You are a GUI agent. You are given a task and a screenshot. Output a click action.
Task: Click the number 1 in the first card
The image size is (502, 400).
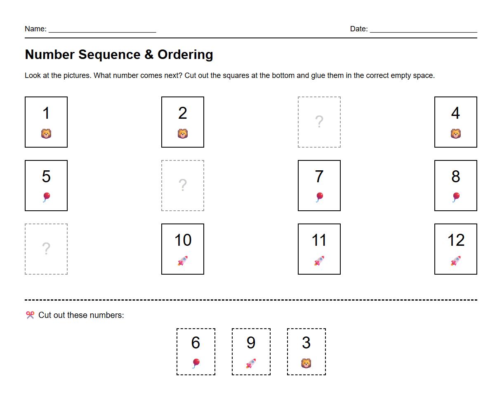[46, 113]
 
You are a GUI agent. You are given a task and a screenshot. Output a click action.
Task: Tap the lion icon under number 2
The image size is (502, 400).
[183, 134]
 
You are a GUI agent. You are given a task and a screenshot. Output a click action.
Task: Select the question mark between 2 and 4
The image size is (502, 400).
[319, 122]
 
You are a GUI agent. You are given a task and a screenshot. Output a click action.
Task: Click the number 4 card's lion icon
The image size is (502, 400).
[455, 134]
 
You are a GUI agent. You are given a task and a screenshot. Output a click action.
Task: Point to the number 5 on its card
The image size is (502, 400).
[46, 176]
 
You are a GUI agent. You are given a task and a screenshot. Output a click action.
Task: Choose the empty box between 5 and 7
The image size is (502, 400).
[183, 186]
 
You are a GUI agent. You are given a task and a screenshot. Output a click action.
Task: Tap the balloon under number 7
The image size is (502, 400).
[319, 197]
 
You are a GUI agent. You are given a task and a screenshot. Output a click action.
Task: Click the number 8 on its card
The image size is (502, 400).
[455, 176]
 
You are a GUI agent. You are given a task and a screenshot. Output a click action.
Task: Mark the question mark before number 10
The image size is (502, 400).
[46, 249]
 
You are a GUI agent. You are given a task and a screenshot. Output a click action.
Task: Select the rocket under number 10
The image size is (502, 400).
[183, 261]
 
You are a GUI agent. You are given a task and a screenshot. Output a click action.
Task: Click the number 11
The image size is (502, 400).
[319, 240]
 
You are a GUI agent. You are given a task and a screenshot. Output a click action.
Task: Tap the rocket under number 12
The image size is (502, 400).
[455, 261]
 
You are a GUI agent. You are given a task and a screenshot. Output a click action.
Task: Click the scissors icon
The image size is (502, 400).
[30, 315]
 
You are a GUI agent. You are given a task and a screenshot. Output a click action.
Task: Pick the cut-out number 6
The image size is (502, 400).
[196, 343]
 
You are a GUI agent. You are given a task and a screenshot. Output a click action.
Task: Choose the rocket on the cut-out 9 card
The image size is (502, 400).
[251, 363]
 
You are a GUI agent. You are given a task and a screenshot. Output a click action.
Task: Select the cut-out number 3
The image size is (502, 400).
[306, 343]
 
